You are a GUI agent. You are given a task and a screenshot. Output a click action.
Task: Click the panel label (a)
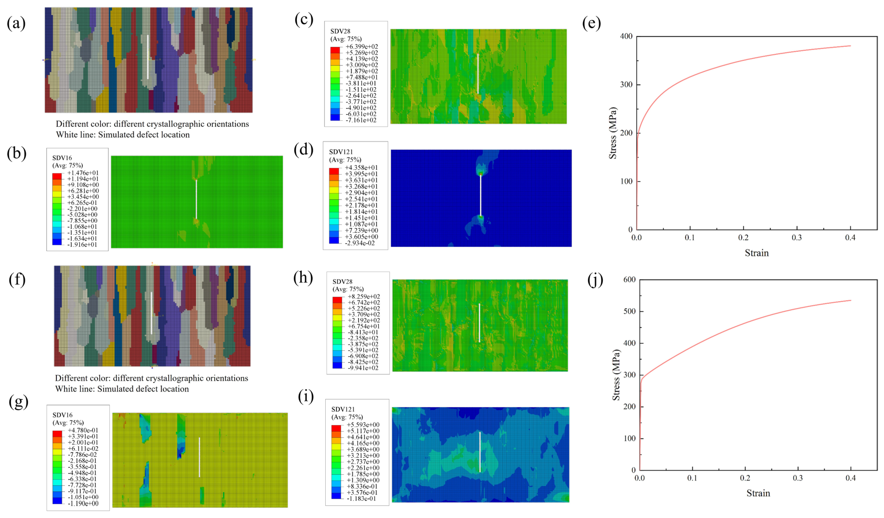coord(16,23)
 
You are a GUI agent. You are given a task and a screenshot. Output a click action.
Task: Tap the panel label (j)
coord(595,280)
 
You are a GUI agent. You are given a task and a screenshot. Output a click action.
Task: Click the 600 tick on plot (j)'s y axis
coord(629,280)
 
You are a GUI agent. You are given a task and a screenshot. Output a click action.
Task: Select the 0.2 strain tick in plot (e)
coord(743,238)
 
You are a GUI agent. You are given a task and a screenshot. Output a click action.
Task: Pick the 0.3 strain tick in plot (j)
coord(798,478)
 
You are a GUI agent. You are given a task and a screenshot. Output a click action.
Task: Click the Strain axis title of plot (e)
coord(757,253)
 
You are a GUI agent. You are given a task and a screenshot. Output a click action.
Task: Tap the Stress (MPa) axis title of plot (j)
coord(616,375)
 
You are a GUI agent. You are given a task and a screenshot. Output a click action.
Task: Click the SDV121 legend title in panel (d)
coord(341,152)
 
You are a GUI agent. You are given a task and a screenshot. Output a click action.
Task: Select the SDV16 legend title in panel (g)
coord(62,415)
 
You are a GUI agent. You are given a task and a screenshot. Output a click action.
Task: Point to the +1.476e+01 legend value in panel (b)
coord(83,173)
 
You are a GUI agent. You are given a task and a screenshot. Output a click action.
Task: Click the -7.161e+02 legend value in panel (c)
coord(361,120)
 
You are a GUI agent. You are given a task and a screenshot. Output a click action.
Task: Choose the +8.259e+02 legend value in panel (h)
coord(363,297)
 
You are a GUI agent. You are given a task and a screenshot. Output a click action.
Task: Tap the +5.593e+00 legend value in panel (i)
coord(363,425)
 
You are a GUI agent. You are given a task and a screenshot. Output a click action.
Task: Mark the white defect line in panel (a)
coord(148,57)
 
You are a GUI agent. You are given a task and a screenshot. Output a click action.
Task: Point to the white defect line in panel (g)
coord(199,457)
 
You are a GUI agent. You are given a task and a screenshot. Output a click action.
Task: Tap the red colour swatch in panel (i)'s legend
coord(336,427)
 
